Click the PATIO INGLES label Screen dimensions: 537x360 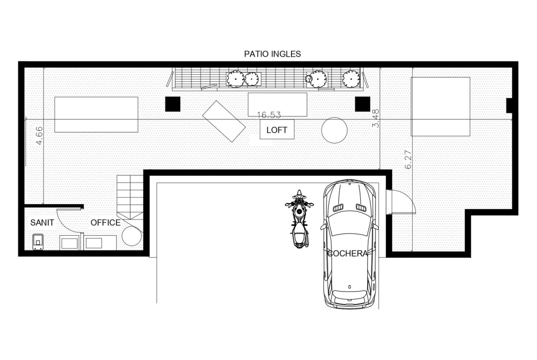[272, 54]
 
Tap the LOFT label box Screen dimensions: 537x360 [277, 130]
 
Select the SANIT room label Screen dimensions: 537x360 [42, 223]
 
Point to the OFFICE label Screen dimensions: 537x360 [106, 223]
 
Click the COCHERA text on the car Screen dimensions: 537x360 [347, 254]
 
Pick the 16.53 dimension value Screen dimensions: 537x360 [269, 115]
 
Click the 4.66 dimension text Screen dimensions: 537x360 [39, 135]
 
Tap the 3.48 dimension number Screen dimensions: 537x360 [376, 118]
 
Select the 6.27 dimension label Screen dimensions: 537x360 [408, 160]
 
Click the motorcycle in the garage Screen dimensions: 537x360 [299, 219]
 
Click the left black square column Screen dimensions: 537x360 [173, 104]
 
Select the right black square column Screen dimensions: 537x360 [362, 104]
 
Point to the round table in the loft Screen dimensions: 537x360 [334, 130]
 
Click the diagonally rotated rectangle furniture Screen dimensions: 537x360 [224, 121]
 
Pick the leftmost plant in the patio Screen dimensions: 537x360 [235, 79]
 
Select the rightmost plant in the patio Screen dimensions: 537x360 [351, 78]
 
